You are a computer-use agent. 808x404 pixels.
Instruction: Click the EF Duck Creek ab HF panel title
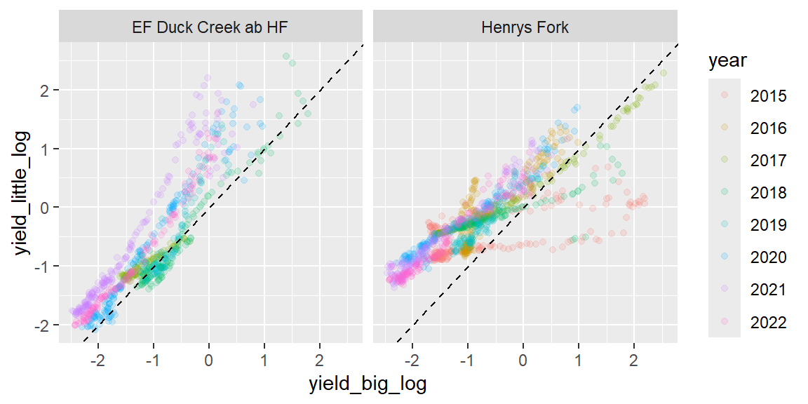[210, 28]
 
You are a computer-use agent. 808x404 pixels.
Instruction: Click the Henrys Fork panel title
[525, 28]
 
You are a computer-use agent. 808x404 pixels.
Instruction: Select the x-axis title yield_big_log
[368, 384]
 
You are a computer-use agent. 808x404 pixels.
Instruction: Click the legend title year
[727, 62]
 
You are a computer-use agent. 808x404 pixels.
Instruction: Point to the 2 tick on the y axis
[46, 90]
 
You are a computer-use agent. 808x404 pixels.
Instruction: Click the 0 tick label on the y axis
[46, 208]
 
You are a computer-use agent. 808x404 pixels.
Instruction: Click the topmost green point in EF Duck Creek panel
[286, 56]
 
